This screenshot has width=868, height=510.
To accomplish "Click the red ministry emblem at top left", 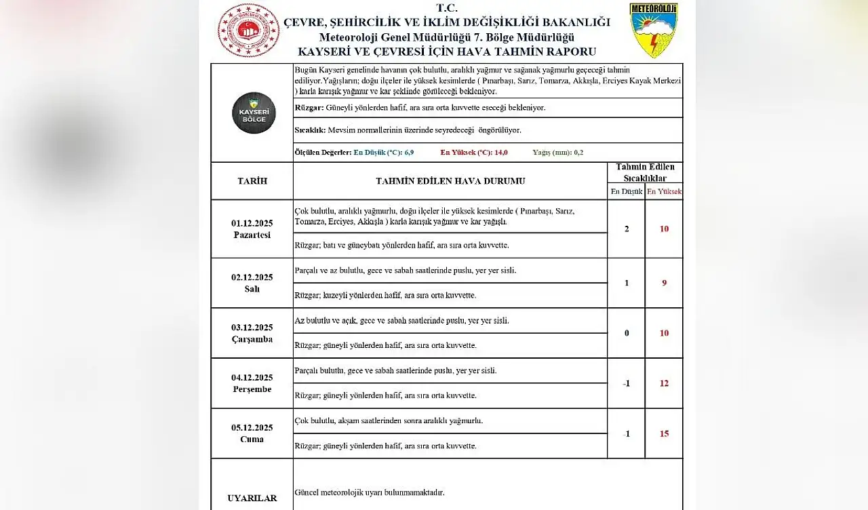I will (x=248, y=31).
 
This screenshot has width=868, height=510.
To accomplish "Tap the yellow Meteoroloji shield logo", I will (x=653, y=31).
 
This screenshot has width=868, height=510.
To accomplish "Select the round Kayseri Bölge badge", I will (x=254, y=113).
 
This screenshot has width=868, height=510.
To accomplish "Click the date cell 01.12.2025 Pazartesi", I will (x=252, y=229).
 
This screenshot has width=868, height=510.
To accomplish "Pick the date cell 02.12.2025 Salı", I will (x=252, y=283).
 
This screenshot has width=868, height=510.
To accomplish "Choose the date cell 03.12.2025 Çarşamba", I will (x=252, y=333).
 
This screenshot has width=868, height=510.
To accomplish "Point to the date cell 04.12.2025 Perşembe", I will (x=252, y=383).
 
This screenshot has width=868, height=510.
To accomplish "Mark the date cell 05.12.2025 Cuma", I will (x=252, y=433).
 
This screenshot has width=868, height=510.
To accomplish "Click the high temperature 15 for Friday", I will (x=664, y=433).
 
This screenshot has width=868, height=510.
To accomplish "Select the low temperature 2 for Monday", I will (x=626, y=229).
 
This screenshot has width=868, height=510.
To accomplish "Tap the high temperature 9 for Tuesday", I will (x=664, y=283).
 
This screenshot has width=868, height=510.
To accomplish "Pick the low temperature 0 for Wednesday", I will (x=626, y=333).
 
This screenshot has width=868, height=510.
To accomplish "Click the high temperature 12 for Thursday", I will (x=664, y=383).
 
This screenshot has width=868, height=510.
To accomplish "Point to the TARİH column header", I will (x=252, y=181).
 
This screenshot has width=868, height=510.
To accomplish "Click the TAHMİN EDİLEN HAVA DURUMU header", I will (x=450, y=181).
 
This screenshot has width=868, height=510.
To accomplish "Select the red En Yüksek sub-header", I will (x=664, y=192).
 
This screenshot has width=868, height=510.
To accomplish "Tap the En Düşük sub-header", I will (x=626, y=192).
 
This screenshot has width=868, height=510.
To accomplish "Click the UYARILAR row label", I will (x=252, y=498).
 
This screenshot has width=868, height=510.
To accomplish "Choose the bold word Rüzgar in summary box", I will (x=309, y=108).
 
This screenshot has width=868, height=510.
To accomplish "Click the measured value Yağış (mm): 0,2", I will (x=557, y=153).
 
